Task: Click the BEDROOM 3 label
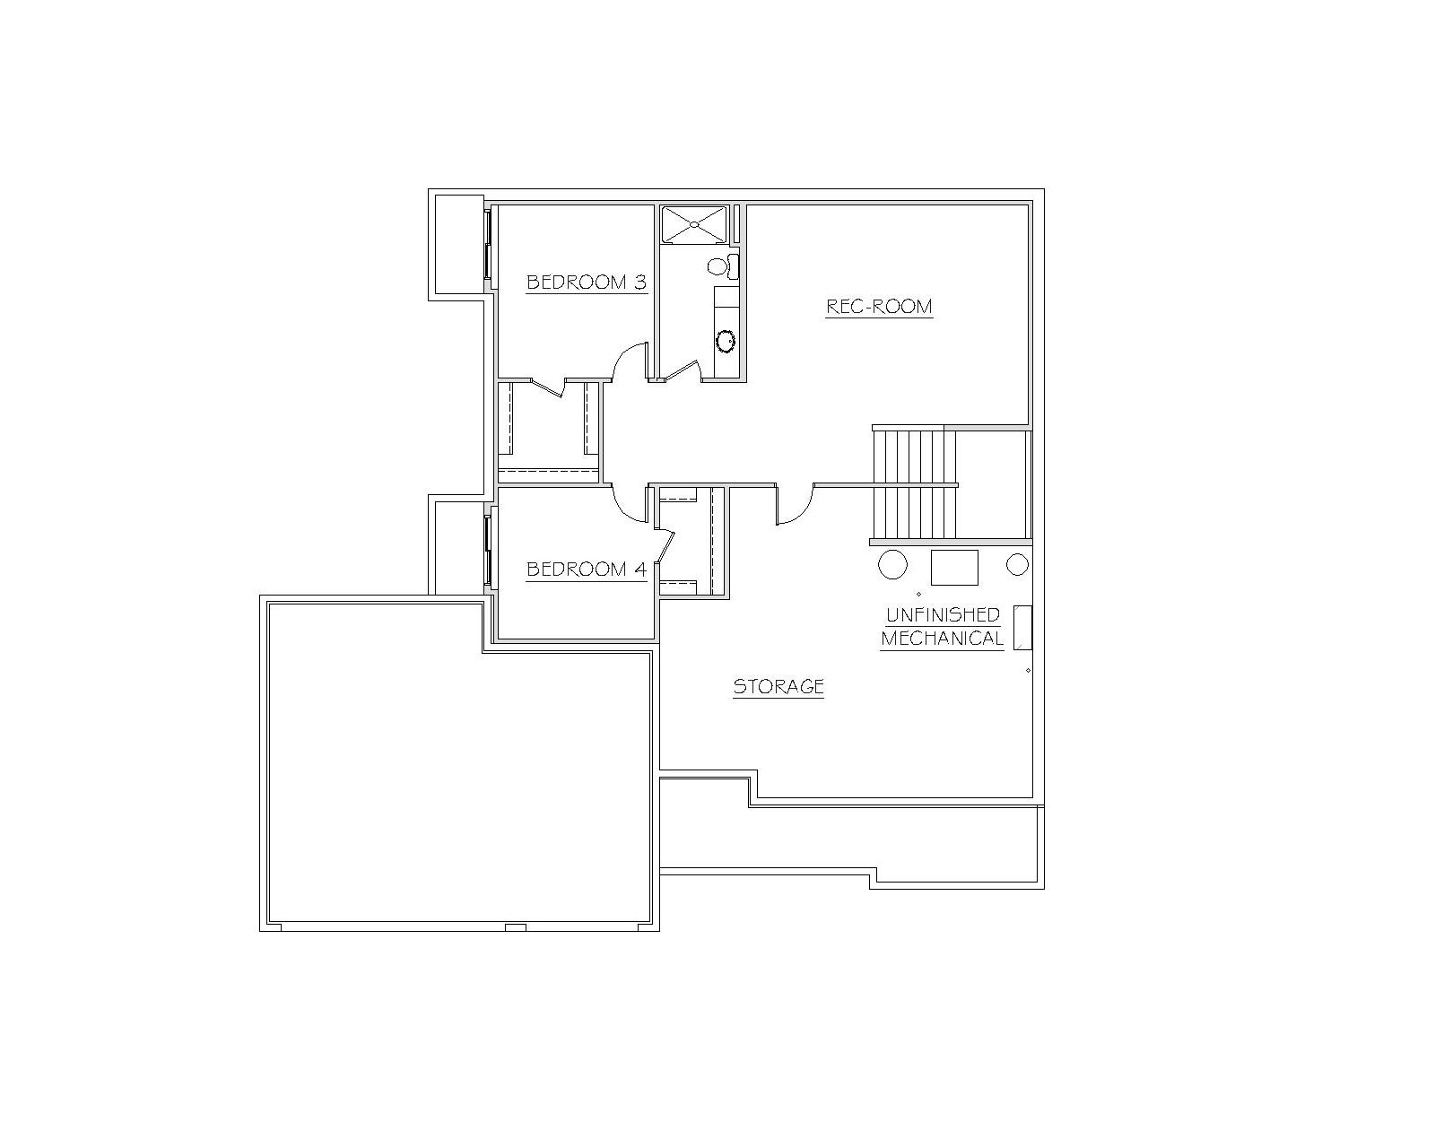pyautogui.click(x=587, y=283)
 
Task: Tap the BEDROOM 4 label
pyautogui.click(x=587, y=569)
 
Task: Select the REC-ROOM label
pyautogui.click(x=879, y=306)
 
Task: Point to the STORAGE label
pyautogui.click(x=778, y=686)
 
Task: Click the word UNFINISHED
pyautogui.click(x=943, y=614)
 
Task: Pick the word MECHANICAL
pyautogui.click(x=943, y=639)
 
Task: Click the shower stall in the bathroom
pyautogui.click(x=692, y=225)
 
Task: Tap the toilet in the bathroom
pyautogui.click(x=723, y=266)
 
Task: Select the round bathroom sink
pyautogui.click(x=726, y=341)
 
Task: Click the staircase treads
pyautogui.click(x=914, y=484)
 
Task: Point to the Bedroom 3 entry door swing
pyautogui.click(x=629, y=362)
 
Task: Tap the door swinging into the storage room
pyautogui.click(x=795, y=505)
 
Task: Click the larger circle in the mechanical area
pyautogui.click(x=892, y=564)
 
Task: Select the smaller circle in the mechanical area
pyautogui.click(x=1017, y=564)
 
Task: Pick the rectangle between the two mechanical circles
pyautogui.click(x=954, y=567)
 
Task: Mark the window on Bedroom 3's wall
pyautogui.click(x=487, y=244)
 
